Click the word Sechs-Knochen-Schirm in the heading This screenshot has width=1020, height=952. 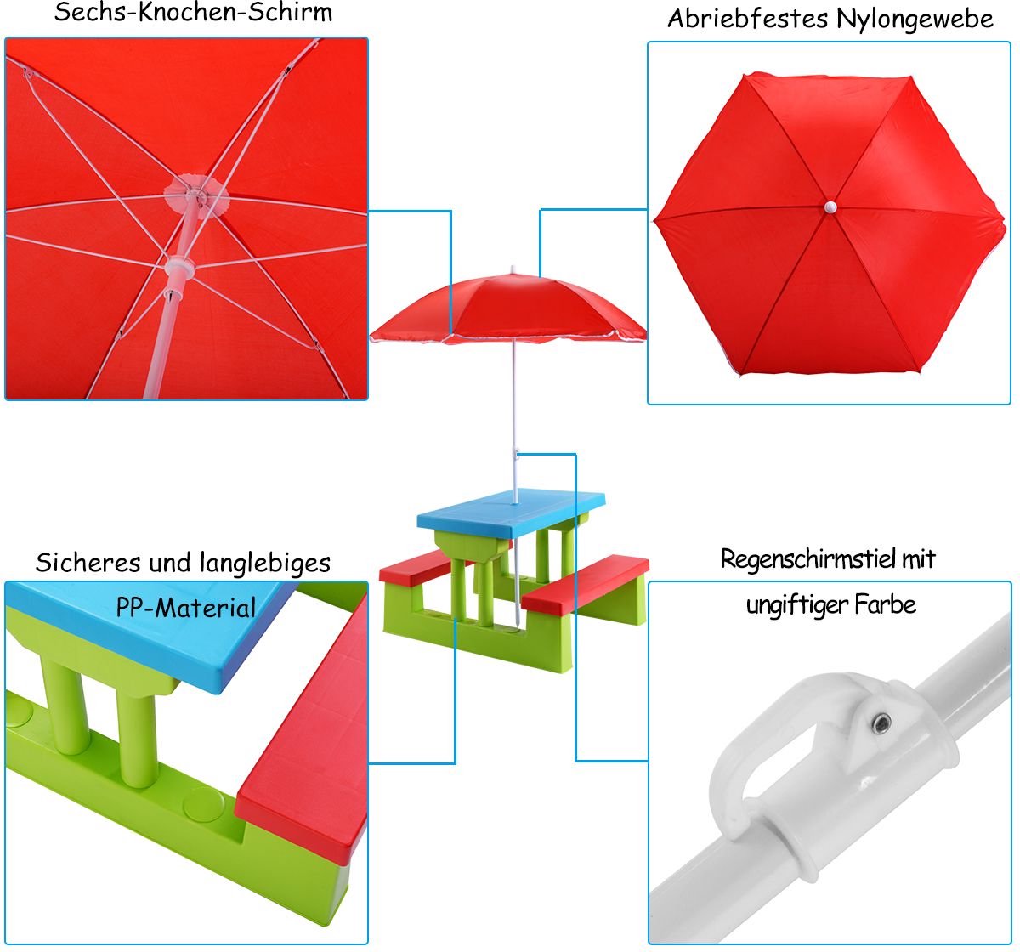[194, 13]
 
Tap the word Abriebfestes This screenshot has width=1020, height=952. [748, 19]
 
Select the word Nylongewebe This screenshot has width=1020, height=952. [915, 20]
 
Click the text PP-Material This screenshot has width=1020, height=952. [186, 608]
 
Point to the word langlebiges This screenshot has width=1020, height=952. [265, 563]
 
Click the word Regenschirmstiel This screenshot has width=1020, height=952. [809, 559]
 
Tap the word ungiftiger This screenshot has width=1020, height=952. [796, 605]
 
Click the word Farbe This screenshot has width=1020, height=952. [886, 604]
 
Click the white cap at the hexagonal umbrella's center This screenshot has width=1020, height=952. [830, 207]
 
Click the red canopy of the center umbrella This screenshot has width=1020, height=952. [507, 309]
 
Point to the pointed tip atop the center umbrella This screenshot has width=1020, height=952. [512, 269]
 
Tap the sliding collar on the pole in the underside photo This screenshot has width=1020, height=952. [179, 268]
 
